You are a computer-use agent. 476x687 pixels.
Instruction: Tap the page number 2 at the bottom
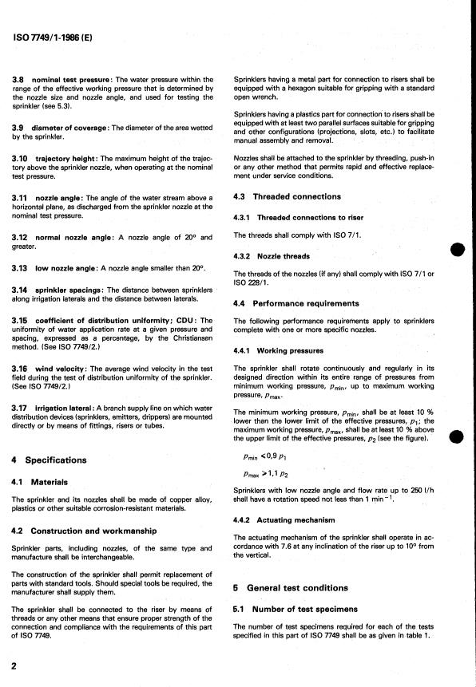pos(14,665)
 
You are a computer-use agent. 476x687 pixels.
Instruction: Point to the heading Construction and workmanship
pos(85,531)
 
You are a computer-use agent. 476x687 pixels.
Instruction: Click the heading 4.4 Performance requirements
pos(296,303)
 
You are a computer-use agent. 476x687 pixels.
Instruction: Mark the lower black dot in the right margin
pos(458,436)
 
